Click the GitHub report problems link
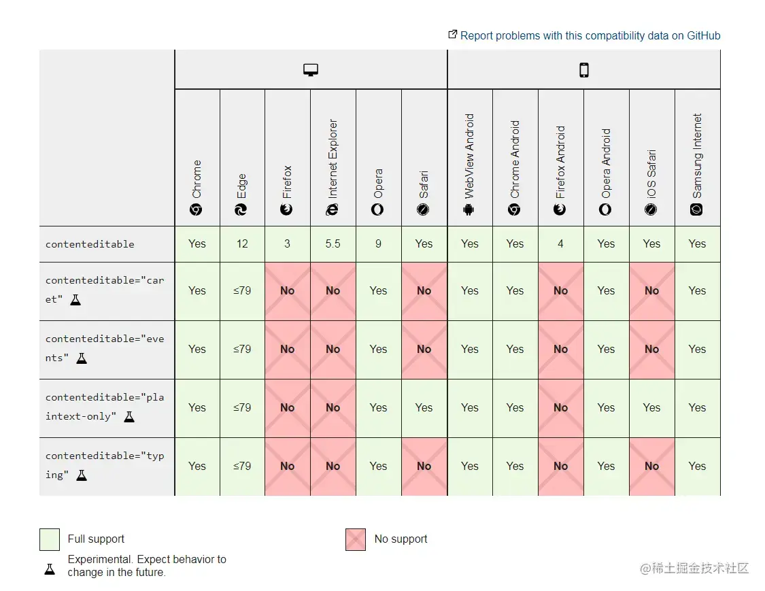click(x=590, y=35)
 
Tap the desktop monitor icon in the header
click(x=311, y=70)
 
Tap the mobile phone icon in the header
click(x=583, y=70)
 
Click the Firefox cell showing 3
click(x=287, y=243)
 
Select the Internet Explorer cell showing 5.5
click(x=333, y=243)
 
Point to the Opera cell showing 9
click(x=378, y=243)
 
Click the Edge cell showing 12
click(x=242, y=243)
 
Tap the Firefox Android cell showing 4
click(x=560, y=243)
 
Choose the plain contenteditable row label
click(x=90, y=244)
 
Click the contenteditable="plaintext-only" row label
click(x=104, y=407)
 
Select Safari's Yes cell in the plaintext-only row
click(x=424, y=407)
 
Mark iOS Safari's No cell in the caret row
click(x=651, y=290)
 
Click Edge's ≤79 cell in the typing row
click(x=242, y=466)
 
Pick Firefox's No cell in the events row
click(x=287, y=349)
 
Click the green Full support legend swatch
click(x=50, y=539)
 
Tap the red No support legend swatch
click(x=356, y=539)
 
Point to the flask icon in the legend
click(x=50, y=569)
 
